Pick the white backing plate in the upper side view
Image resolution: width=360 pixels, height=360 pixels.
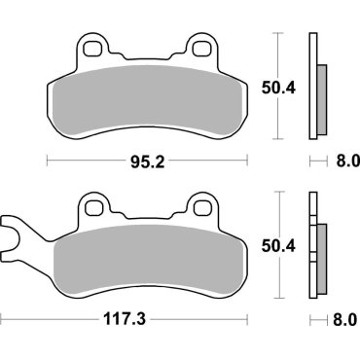312,88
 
